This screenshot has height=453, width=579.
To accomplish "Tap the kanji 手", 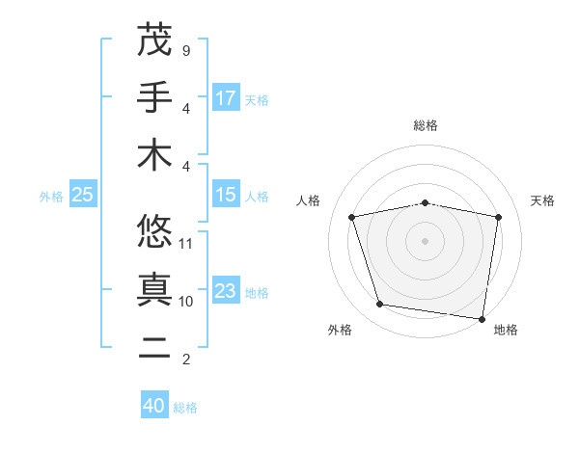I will tap(154, 97).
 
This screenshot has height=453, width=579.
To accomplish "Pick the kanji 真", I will tap(154, 290).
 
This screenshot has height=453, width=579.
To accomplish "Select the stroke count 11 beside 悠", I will tap(187, 243).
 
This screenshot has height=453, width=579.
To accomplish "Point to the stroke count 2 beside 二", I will tap(185, 360).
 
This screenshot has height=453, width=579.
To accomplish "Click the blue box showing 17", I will tap(226, 97).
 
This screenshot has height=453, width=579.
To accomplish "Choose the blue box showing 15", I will tap(226, 195).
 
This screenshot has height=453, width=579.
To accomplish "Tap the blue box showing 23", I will tap(226, 291).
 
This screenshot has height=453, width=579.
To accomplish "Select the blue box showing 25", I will tap(83, 195).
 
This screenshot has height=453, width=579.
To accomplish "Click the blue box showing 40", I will tap(154, 406).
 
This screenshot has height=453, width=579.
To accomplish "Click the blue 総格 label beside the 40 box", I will tap(186, 408).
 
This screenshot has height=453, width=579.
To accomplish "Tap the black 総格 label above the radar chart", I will tap(426, 125).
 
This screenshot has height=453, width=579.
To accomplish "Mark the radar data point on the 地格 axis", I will tap(481, 317).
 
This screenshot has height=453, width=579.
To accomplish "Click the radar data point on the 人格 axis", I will tap(352, 217).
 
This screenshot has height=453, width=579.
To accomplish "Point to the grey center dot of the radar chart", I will tap(426, 240).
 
